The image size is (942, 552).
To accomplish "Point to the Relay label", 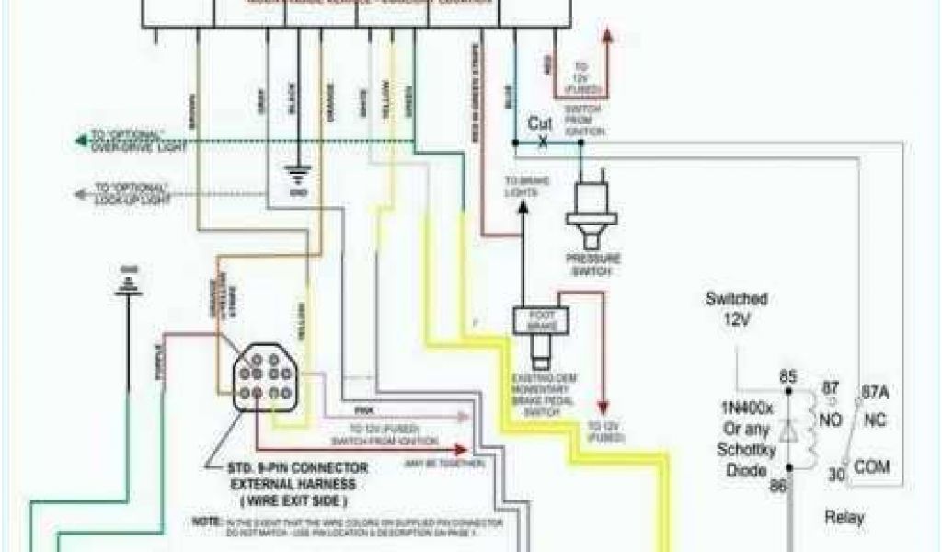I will pos(844,518).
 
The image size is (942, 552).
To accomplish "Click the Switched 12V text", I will pos(736,308).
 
